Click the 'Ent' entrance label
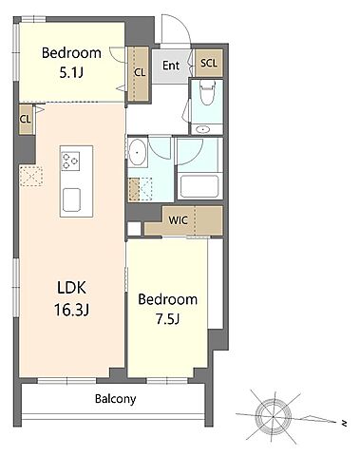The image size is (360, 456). pyautogui.click(x=171, y=66)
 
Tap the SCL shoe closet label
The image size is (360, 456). pyautogui.click(x=209, y=63)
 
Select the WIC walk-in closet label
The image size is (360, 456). pyautogui.click(x=179, y=220)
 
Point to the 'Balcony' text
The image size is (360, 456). pyautogui.click(x=116, y=399)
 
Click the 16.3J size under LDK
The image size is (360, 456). pyautogui.click(x=71, y=310)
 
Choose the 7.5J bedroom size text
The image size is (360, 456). pyautogui.click(x=167, y=319)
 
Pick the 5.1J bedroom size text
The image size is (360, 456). pyautogui.click(x=71, y=72)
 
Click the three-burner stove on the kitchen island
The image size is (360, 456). pyautogui.click(x=70, y=161)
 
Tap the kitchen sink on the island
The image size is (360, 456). pyautogui.click(x=71, y=200)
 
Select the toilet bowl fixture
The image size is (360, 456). pyautogui.click(x=207, y=92)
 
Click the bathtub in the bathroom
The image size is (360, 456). pyautogui.click(x=199, y=186)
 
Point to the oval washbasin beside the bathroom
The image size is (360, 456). pyautogui.click(x=138, y=153)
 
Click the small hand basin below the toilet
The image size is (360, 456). pyautogui.click(x=202, y=129)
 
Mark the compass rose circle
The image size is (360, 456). pyautogui.click(x=273, y=416)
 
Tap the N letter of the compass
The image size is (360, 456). pyautogui.click(x=343, y=423)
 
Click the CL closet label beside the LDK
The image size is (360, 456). pyautogui.click(x=26, y=120)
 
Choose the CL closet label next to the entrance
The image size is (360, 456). pyautogui.click(x=140, y=72)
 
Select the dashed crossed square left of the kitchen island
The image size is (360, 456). pyautogui.click(x=31, y=176)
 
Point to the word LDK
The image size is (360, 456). pyautogui.click(x=71, y=288)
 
